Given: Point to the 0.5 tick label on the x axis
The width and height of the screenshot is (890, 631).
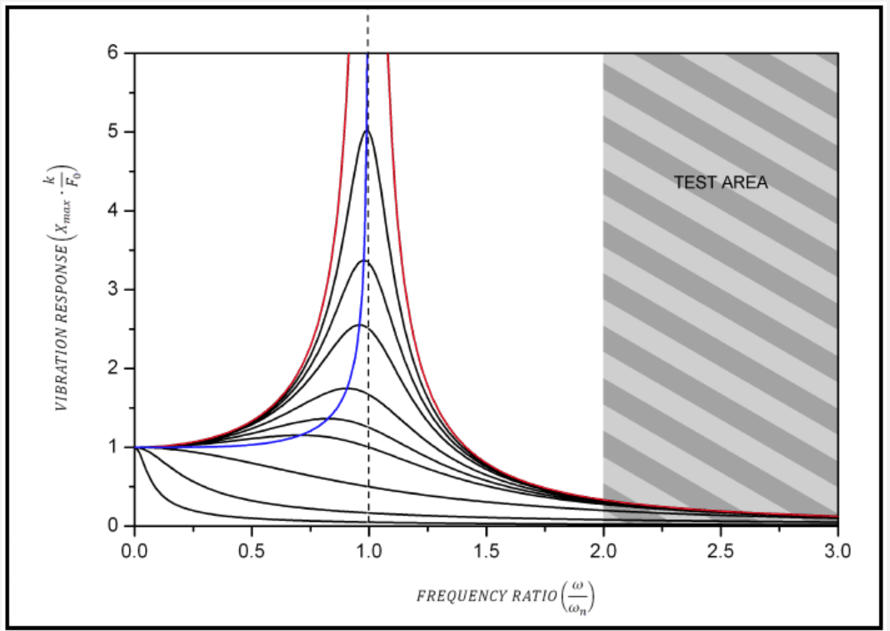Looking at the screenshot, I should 251,551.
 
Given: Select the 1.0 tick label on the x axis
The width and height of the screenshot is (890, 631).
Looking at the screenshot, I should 368,551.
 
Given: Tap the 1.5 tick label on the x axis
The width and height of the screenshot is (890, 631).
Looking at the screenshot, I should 486,551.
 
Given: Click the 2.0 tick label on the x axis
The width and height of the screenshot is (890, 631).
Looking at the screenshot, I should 603,551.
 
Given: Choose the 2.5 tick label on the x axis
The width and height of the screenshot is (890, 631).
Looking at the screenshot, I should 720,551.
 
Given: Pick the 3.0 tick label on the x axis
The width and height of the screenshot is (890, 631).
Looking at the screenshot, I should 837,551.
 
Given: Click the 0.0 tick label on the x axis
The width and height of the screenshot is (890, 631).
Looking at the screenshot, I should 133,551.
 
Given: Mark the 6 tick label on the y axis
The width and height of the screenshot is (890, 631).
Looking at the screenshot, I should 113,53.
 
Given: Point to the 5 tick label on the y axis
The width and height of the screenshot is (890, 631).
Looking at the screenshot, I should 113,132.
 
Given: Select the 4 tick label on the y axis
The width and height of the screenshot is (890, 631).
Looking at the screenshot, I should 113,211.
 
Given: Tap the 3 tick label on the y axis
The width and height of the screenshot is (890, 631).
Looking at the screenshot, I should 113,289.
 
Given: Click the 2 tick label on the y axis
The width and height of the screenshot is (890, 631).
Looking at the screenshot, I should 113,368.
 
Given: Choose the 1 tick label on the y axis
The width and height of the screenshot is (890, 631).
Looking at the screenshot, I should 113,447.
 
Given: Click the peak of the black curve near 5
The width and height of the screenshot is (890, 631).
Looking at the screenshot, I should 367,130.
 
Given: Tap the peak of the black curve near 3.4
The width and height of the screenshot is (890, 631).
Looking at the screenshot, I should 365,260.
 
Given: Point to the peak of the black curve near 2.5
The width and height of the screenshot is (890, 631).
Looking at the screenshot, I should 359,324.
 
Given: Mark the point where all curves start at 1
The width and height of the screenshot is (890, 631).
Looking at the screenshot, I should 134,447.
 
